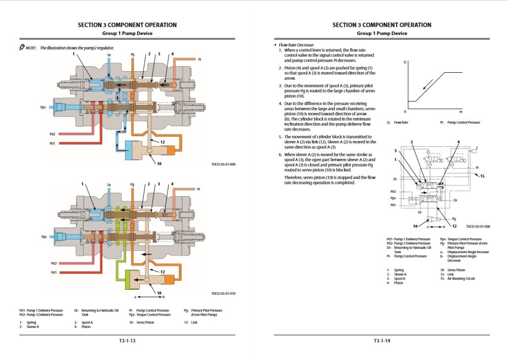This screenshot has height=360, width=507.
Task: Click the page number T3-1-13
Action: [x=127, y=341]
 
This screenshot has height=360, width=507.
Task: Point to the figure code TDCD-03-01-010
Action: [x=223, y=293]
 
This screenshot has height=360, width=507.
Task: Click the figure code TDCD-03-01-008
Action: [x=478, y=226]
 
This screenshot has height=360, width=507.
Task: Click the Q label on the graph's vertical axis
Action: [x=405, y=62]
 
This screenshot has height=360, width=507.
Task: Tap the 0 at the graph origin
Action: [x=404, y=112]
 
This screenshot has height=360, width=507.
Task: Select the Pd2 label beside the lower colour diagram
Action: [x=53, y=264]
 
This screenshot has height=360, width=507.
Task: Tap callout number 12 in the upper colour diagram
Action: [x=162, y=142]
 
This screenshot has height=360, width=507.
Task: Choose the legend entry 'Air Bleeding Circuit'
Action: [x=461, y=278]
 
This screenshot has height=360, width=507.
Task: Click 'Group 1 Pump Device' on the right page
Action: [x=382, y=34]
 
